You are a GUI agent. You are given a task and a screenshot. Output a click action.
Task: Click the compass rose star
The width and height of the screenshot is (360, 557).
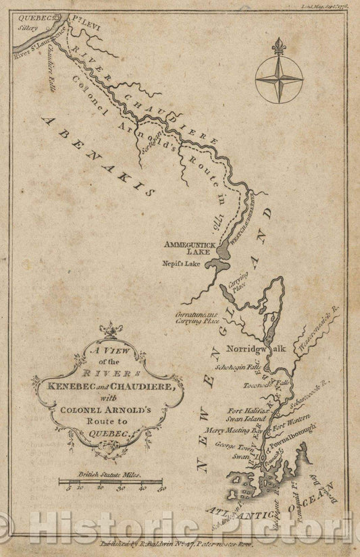tap(278, 79)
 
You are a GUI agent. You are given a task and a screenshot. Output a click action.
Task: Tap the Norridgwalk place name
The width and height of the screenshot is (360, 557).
tap(257, 349)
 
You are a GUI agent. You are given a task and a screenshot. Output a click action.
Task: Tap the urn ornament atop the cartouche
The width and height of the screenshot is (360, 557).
tap(106, 331)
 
